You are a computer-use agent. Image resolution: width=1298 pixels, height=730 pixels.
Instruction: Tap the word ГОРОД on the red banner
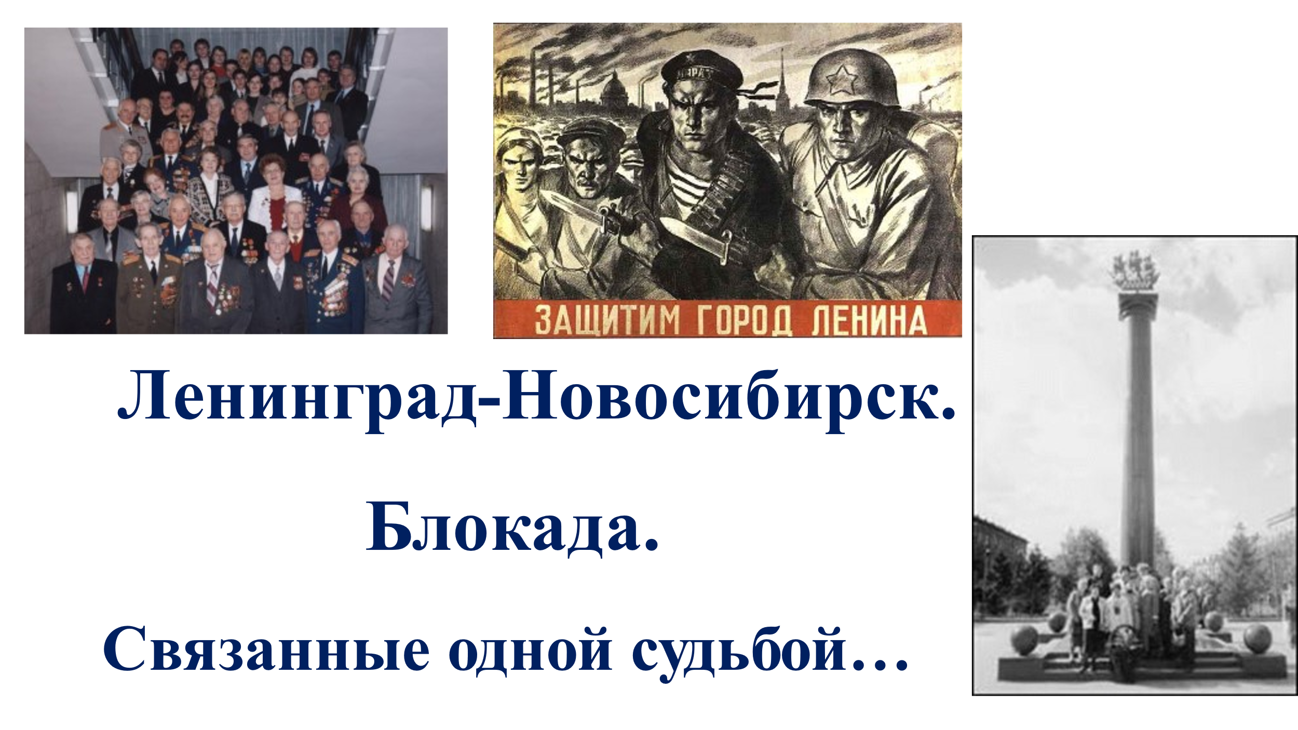pyautogui.click(x=745, y=320)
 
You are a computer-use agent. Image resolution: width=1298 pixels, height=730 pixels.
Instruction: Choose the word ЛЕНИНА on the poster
pyautogui.click(x=870, y=320)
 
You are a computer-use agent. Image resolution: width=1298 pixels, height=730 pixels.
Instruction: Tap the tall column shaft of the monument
pyautogui.click(x=1138, y=441)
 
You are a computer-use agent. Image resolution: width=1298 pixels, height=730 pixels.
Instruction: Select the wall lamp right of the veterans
pyautogui.click(x=426, y=208)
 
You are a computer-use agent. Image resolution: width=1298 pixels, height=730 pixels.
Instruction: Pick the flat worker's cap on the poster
pyautogui.click(x=591, y=133)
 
